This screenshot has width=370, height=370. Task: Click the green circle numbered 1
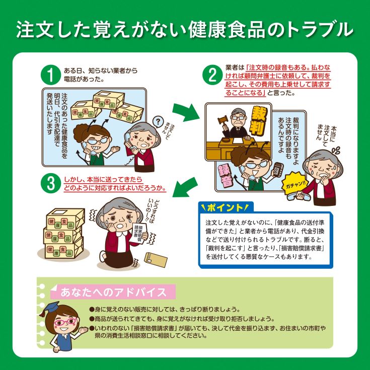(x=51, y=75)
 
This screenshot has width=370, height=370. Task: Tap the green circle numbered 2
(x=212, y=75)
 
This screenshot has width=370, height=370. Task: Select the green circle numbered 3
(x=51, y=183)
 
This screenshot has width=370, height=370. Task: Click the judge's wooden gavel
(x=223, y=120)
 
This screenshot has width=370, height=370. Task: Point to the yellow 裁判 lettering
(x=260, y=120)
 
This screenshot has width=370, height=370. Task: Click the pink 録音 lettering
(x=226, y=174)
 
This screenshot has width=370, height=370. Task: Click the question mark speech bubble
(x=158, y=122)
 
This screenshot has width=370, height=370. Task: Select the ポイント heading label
(x=226, y=207)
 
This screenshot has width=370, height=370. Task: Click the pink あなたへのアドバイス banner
(x=113, y=292)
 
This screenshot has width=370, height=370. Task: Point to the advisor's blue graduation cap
(x=50, y=309)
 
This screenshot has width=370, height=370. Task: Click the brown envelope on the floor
(x=156, y=260)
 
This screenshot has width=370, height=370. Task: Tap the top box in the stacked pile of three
(x=65, y=219)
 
